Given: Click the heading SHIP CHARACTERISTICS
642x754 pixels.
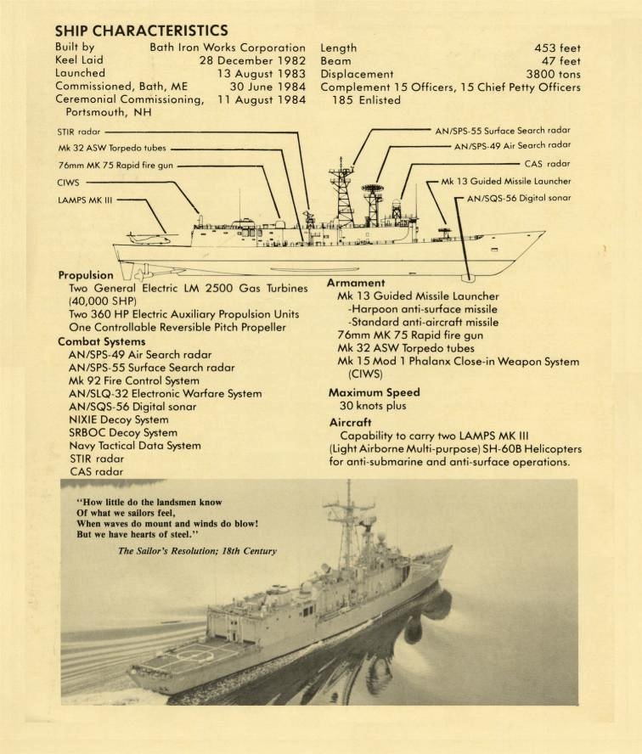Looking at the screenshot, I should (x=141, y=31).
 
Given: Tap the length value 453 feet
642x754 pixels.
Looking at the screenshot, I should (x=557, y=48).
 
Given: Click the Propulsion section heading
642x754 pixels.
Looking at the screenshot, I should (x=86, y=275).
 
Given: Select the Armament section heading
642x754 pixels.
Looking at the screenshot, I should (x=356, y=283).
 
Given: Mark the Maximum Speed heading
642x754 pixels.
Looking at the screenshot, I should (x=371, y=393).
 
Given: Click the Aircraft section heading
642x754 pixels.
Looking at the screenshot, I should (x=350, y=422).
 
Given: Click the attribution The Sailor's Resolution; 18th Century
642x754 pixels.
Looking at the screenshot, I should (x=197, y=550).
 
